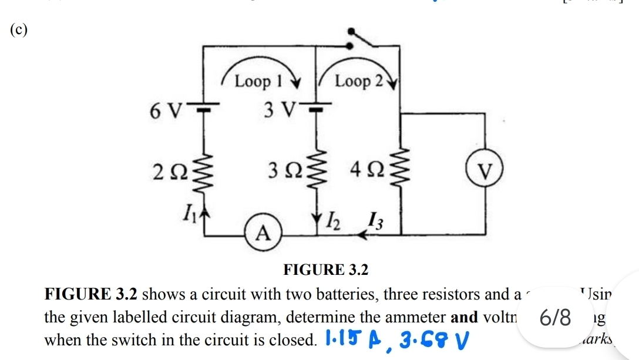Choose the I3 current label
[374, 222]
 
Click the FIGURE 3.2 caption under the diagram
[325, 270]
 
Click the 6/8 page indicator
[556, 319]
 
